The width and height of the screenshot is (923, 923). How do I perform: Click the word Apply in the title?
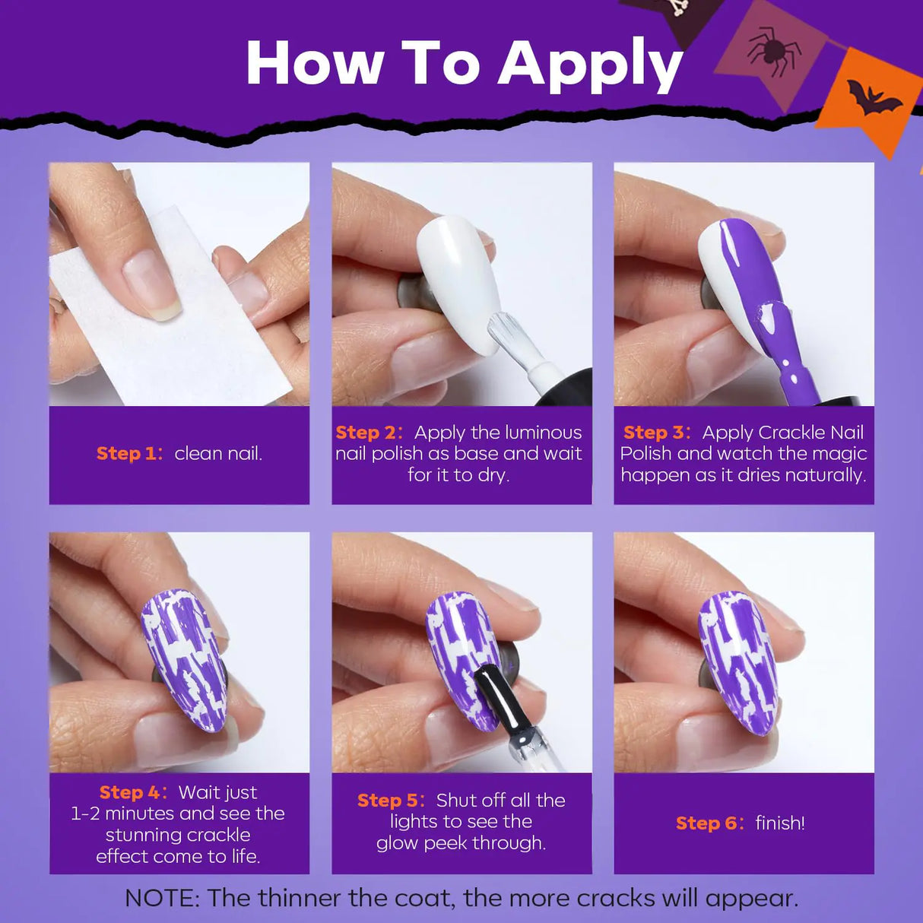(590, 65)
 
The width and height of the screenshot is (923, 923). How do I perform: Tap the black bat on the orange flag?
(873, 97)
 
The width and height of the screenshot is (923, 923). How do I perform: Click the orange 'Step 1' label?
(129, 454)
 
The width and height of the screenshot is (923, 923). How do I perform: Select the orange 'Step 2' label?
(369, 433)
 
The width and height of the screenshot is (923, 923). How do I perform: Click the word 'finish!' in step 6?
(780, 823)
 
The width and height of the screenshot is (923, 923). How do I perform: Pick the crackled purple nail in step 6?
(738, 661)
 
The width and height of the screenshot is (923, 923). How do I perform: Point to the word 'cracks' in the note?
(616, 898)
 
